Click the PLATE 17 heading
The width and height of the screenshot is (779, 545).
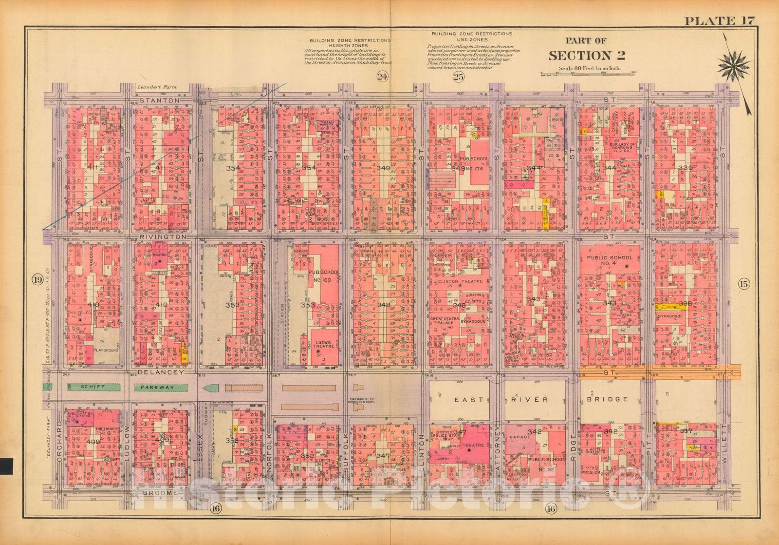pos(719,20)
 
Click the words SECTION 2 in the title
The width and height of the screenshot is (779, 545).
pos(587,56)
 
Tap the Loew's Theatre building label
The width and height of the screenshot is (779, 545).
pos(324,345)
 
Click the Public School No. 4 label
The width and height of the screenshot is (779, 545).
pos(610,261)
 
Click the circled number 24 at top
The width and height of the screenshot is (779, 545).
pos(382,77)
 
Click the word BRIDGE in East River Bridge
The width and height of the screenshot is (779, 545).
pos(607,399)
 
